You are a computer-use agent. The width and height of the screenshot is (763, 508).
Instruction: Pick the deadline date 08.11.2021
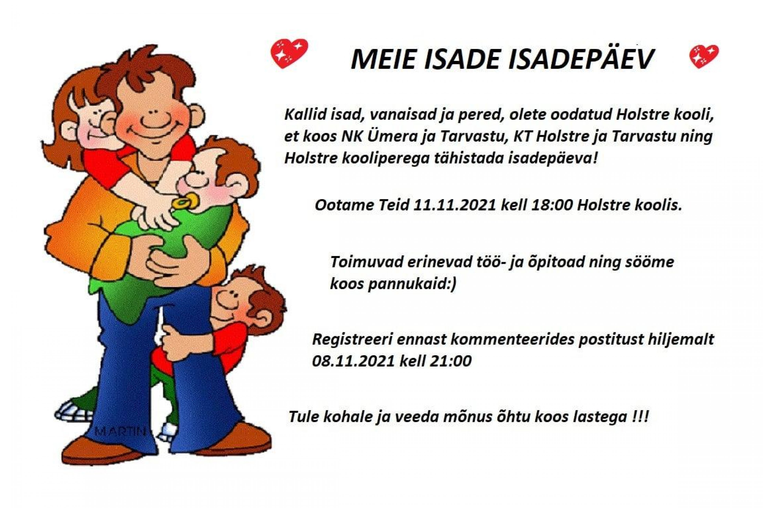[x=354, y=361]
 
